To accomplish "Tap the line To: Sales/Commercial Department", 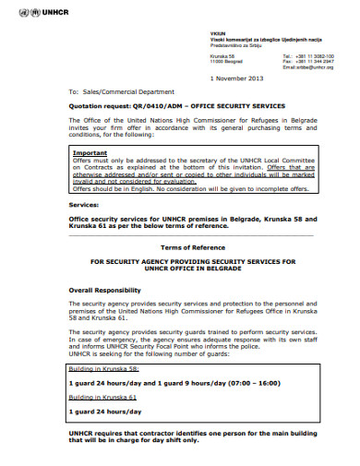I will pyautogui.click(x=120, y=93).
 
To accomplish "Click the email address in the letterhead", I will pyautogui.click(x=307, y=67).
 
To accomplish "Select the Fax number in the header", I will pyautogui.click(x=316, y=61).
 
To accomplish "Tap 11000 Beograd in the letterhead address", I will pyautogui.click(x=226, y=61).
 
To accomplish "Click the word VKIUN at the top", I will pyautogui.click(x=217, y=32).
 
